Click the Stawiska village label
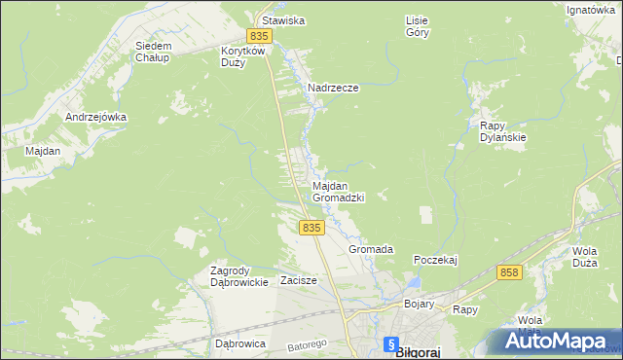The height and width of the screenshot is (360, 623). pyautogui.click(x=280, y=19)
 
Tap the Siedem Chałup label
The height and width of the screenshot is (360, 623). pyautogui.click(x=153, y=51)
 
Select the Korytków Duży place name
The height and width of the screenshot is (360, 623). pyautogui.click(x=240, y=55)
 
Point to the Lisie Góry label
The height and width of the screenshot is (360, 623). pyautogui.click(x=416, y=25)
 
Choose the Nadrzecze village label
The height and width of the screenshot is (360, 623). pyautogui.click(x=333, y=88)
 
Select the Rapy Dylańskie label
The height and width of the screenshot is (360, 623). pyautogui.click(x=503, y=131)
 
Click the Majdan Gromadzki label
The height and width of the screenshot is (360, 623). pyautogui.click(x=337, y=191)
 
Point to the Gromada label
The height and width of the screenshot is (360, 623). pyautogui.click(x=371, y=249)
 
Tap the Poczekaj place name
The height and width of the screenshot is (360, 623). pyautogui.click(x=435, y=260)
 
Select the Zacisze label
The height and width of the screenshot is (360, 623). pyautogui.click(x=299, y=280)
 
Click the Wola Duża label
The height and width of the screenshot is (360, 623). pyautogui.click(x=584, y=256)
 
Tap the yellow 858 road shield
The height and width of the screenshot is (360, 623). pyautogui.click(x=509, y=273)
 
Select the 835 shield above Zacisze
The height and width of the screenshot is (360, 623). pyautogui.click(x=311, y=227)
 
